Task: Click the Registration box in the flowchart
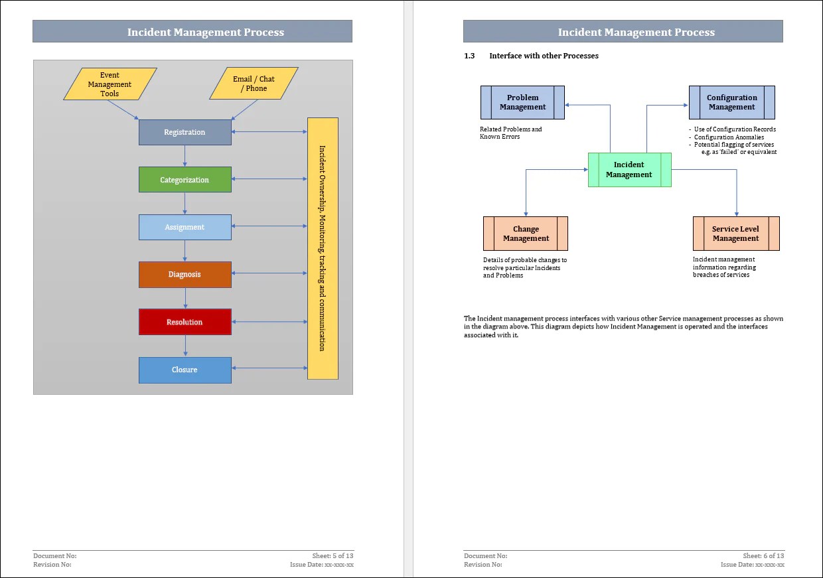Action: [185, 132]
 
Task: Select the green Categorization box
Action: [185, 180]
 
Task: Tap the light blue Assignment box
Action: [185, 227]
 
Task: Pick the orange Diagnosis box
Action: [185, 275]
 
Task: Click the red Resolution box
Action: [185, 322]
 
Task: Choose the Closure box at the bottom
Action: [185, 370]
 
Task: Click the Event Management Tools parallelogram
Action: [110, 84]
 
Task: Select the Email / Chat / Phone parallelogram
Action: [254, 84]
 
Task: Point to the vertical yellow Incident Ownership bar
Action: [323, 248]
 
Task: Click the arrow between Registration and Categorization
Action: [185, 156]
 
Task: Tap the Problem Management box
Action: [522, 102]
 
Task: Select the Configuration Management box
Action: [731, 102]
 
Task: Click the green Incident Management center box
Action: [629, 170]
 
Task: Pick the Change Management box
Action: [526, 234]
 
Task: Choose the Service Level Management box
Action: [735, 234]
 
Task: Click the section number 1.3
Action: [469, 56]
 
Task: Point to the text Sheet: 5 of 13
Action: [333, 555]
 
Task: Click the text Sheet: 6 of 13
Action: [763, 555]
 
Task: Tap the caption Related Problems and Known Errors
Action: [510, 133]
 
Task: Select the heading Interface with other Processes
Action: [544, 56]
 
